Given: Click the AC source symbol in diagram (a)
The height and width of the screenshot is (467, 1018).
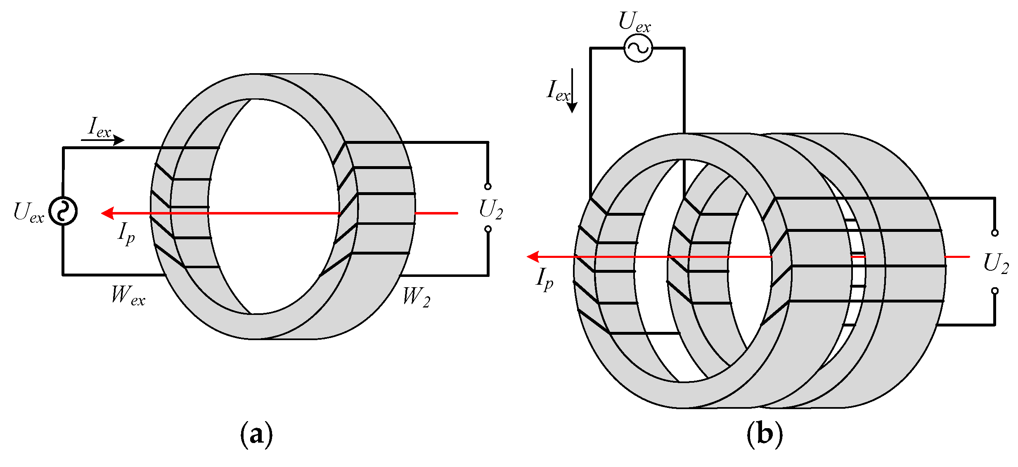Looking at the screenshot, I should pyautogui.click(x=63, y=211).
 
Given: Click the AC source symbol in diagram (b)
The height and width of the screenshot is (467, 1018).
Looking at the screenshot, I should pyautogui.click(x=638, y=48).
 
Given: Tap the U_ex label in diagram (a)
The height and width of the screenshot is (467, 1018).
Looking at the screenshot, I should pyautogui.click(x=28, y=213).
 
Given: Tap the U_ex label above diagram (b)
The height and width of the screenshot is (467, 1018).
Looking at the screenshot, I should pyautogui.click(x=634, y=22).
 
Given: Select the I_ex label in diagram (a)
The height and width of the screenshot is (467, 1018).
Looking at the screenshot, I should pyautogui.click(x=100, y=128).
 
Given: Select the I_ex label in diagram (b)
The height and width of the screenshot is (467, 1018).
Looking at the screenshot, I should pyautogui.click(x=558, y=91).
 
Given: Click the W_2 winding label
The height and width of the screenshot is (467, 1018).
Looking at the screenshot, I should pyautogui.click(x=416, y=297).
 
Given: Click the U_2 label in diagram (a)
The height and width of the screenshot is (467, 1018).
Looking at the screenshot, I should pyautogui.click(x=490, y=210).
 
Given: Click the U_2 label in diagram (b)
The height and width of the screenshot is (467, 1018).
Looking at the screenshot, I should pyautogui.click(x=996, y=263).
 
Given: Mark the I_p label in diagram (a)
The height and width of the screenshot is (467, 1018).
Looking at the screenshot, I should pyautogui.click(x=126, y=234).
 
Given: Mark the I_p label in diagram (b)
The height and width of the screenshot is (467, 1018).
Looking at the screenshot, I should pyautogui.click(x=545, y=279).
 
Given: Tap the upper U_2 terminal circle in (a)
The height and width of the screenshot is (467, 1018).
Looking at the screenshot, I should pyautogui.click(x=488, y=186).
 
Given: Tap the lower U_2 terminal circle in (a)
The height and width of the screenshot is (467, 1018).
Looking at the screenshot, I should pyautogui.click(x=488, y=229).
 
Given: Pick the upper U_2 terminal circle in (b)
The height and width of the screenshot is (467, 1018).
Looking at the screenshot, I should pyautogui.click(x=994, y=233).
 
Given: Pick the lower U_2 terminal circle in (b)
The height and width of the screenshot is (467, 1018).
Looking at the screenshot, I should pyautogui.click(x=994, y=291).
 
